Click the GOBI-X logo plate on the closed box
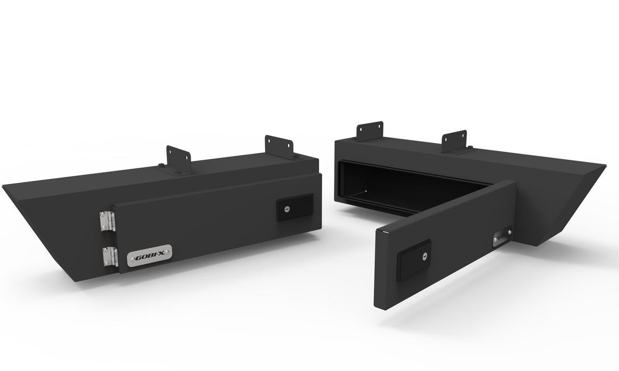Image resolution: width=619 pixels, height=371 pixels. point(149,256)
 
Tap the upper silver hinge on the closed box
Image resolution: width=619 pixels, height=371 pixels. point(107,221)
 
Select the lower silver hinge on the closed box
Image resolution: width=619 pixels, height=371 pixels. point(110,256)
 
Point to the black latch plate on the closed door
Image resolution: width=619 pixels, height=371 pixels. point(295,207)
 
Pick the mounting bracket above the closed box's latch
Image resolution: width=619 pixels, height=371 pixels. point(280,146)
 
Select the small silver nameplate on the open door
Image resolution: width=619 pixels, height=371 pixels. point(502,237)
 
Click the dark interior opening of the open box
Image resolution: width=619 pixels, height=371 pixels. point(411,189)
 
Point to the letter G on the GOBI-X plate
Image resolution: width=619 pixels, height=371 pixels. point(137,258)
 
